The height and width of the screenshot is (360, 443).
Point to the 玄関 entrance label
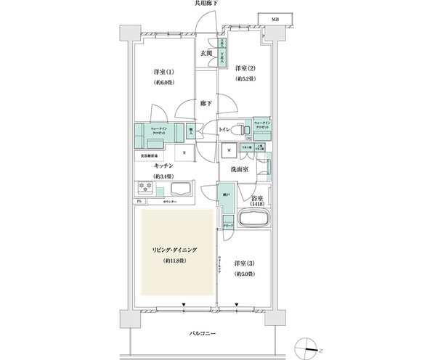pyautogui.click(x=206, y=53)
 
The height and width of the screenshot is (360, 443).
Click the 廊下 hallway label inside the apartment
pyautogui.click(x=206, y=104)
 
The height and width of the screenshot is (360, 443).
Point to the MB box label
pyautogui.click(x=275, y=17)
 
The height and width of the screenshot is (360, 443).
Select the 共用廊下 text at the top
pyautogui.click(x=206, y=4)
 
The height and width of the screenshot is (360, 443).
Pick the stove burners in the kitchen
pyautogui.click(x=144, y=188)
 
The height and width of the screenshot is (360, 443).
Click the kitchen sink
pyautogui.click(x=179, y=190)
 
